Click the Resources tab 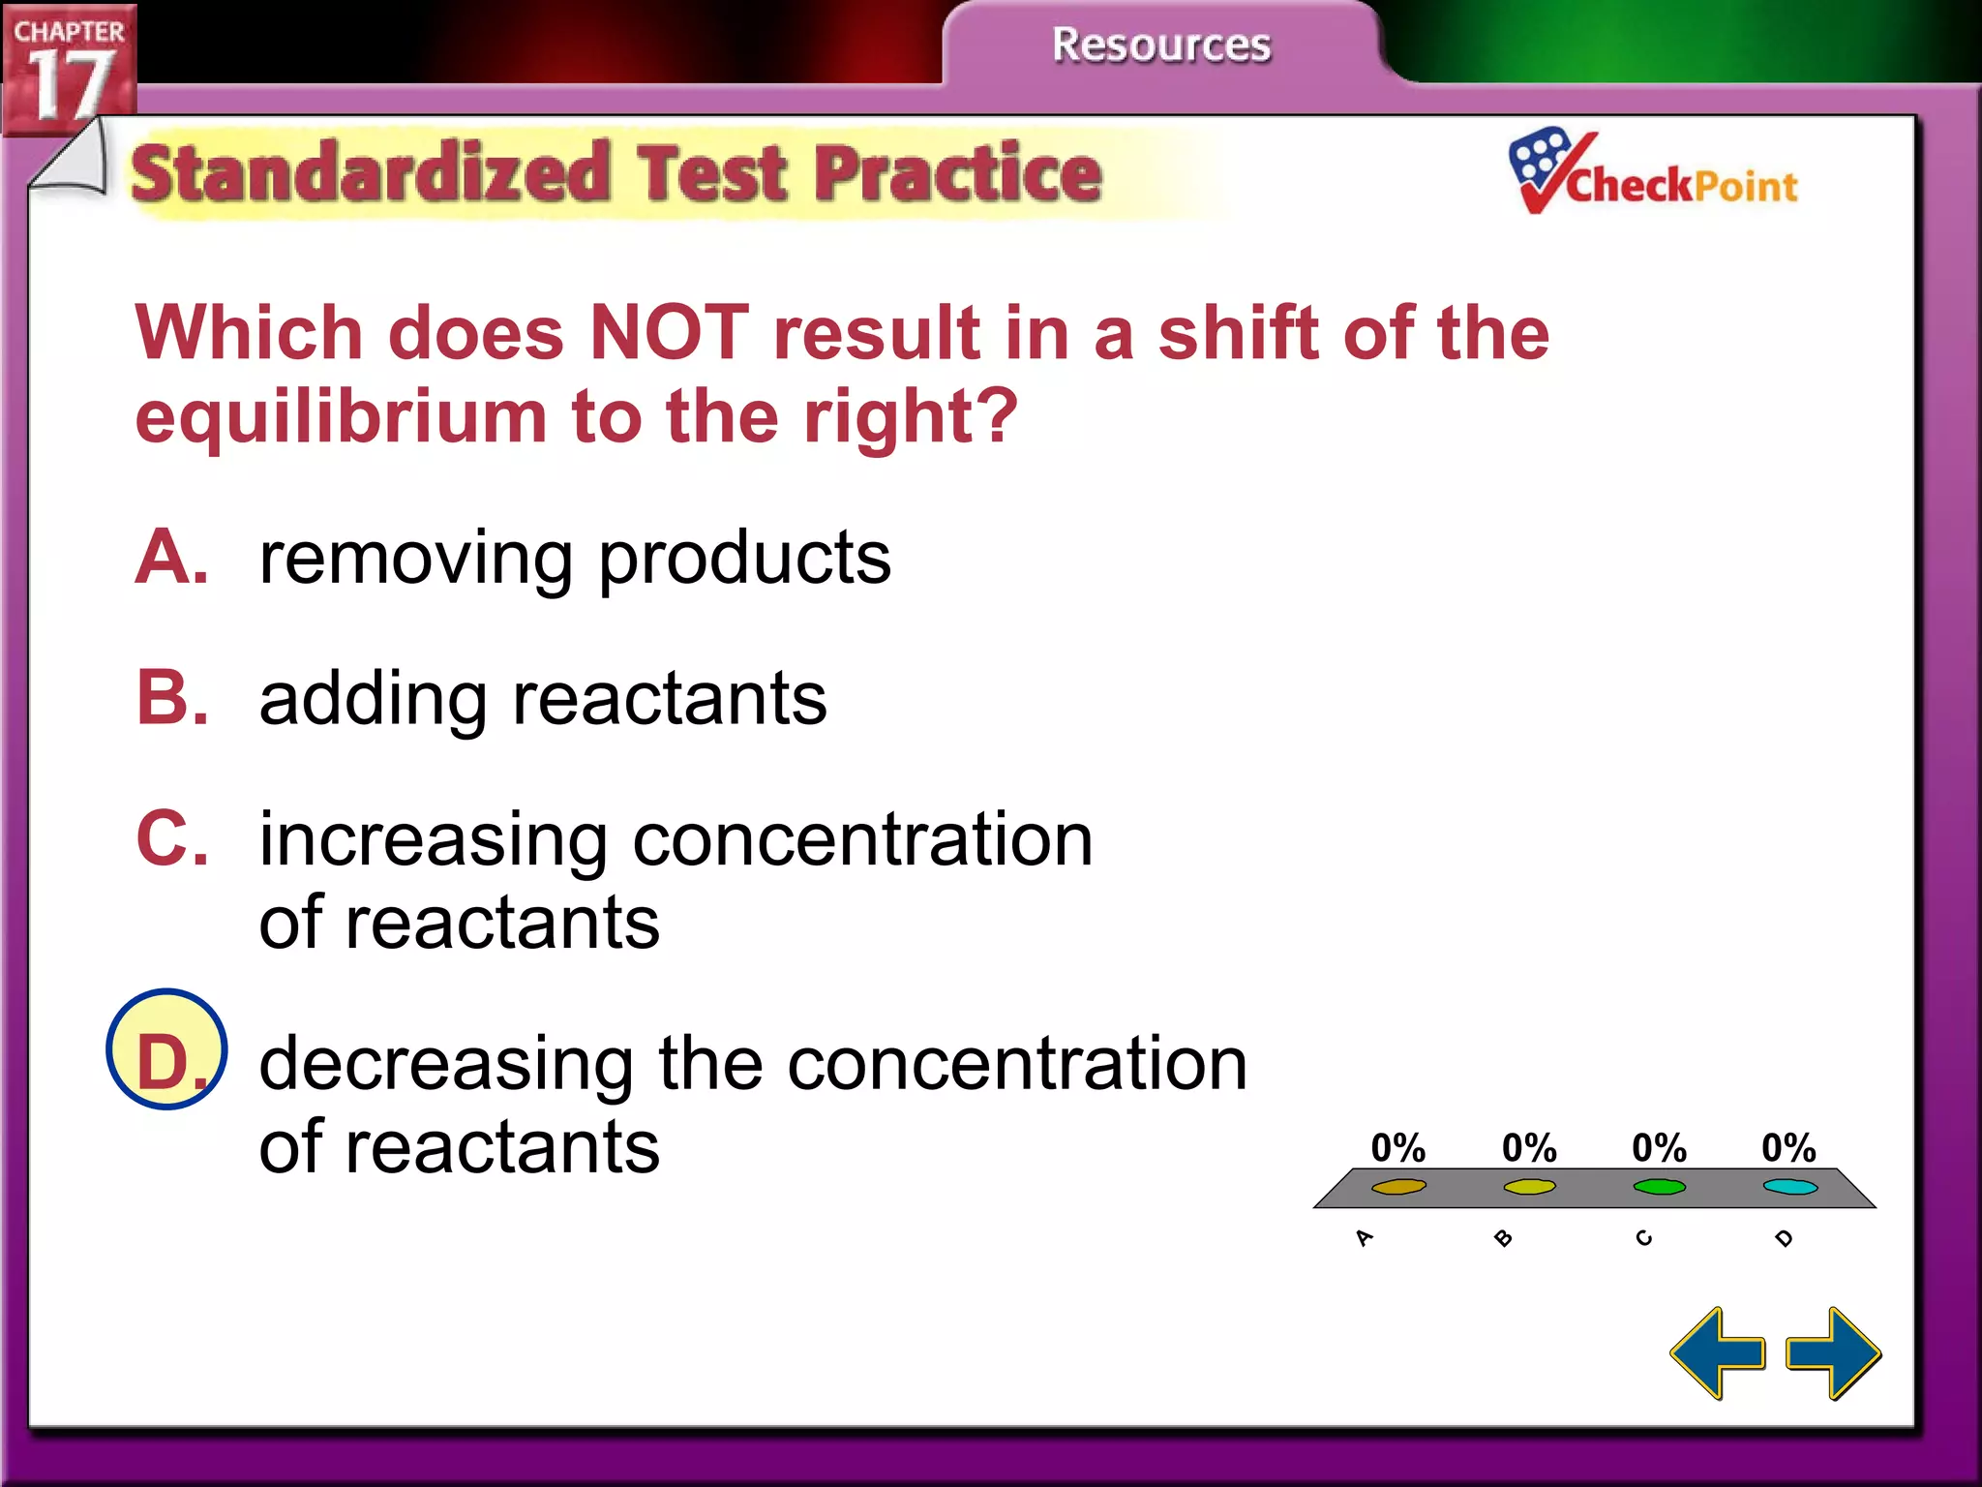click(1160, 45)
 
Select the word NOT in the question click(669, 333)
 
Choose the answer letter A click(171, 558)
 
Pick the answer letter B click(171, 698)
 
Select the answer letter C click(171, 838)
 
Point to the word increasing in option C click(434, 840)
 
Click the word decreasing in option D click(445, 1064)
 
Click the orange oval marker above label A click(1398, 1187)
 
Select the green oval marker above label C click(1659, 1187)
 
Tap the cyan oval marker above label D click(1789, 1187)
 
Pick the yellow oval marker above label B click(1529, 1187)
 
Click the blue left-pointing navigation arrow click(1718, 1353)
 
